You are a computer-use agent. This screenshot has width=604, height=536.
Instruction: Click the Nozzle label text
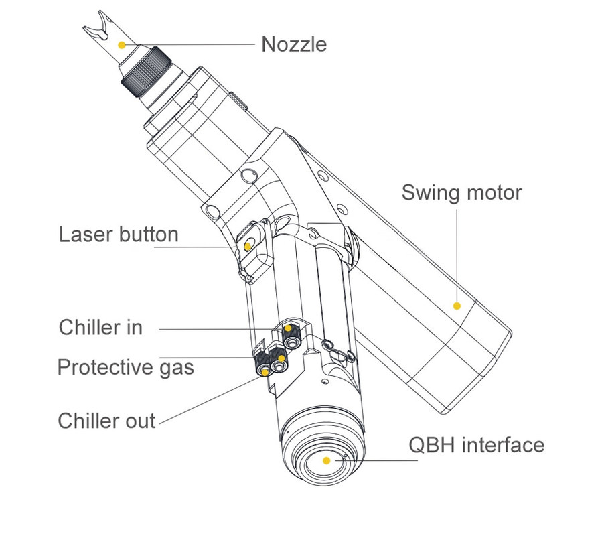294,44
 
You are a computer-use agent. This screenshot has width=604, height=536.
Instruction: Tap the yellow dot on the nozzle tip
121,44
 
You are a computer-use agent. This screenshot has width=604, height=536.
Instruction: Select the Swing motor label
461,193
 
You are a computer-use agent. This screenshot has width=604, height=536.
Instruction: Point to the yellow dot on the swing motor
457,306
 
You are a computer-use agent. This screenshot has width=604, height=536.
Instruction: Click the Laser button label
119,234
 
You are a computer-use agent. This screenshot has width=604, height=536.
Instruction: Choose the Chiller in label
100,328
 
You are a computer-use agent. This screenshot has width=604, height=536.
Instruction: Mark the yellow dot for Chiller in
289,329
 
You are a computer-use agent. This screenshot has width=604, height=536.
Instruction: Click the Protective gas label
125,367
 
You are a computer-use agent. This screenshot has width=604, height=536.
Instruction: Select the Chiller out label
106,421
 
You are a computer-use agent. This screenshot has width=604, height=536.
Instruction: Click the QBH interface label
476,445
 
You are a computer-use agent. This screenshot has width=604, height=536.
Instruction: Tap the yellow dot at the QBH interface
326,461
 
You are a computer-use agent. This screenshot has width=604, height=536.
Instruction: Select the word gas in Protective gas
176,368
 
